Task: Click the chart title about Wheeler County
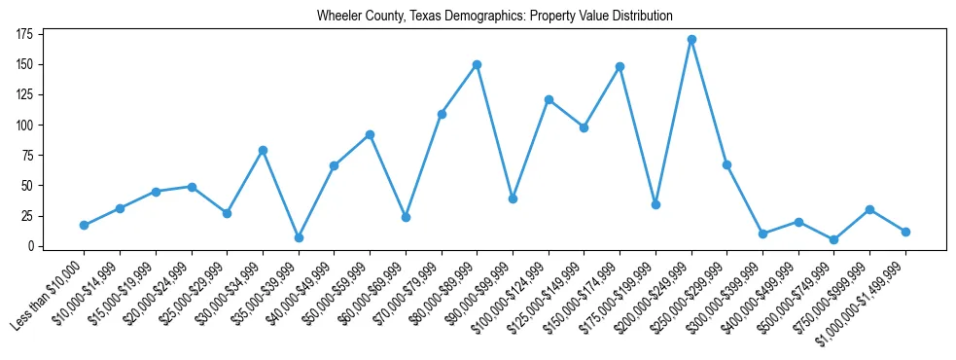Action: [x=494, y=17]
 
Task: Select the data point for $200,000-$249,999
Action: [x=691, y=40]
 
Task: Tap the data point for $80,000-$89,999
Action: [x=477, y=65]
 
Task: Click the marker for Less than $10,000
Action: [x=84, y=225]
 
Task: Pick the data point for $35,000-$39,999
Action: [x=299, y=237]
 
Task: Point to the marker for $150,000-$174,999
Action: [x=620, y=67]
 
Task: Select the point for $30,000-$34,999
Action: [x=263, y=151]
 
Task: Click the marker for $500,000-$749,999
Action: [x=834, y=239]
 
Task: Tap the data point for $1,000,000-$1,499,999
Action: [x=905, y=232]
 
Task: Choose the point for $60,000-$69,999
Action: [x=406, y=217]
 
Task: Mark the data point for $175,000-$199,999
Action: [x=655, y=204]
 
